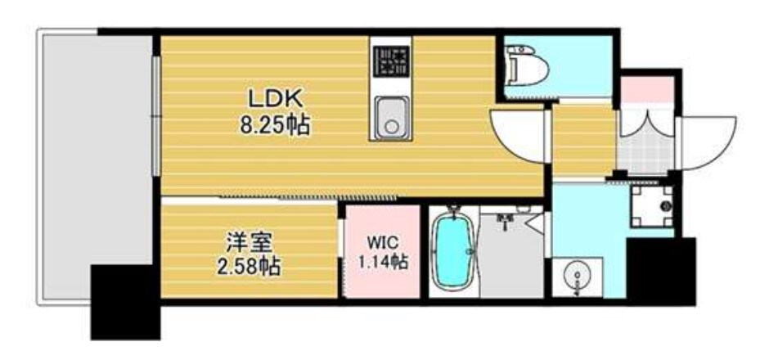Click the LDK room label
(x=277, y=100)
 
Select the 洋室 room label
(x=250, y=243)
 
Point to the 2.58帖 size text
(x=250, y=266)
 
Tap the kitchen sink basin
(x=391, y=116)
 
